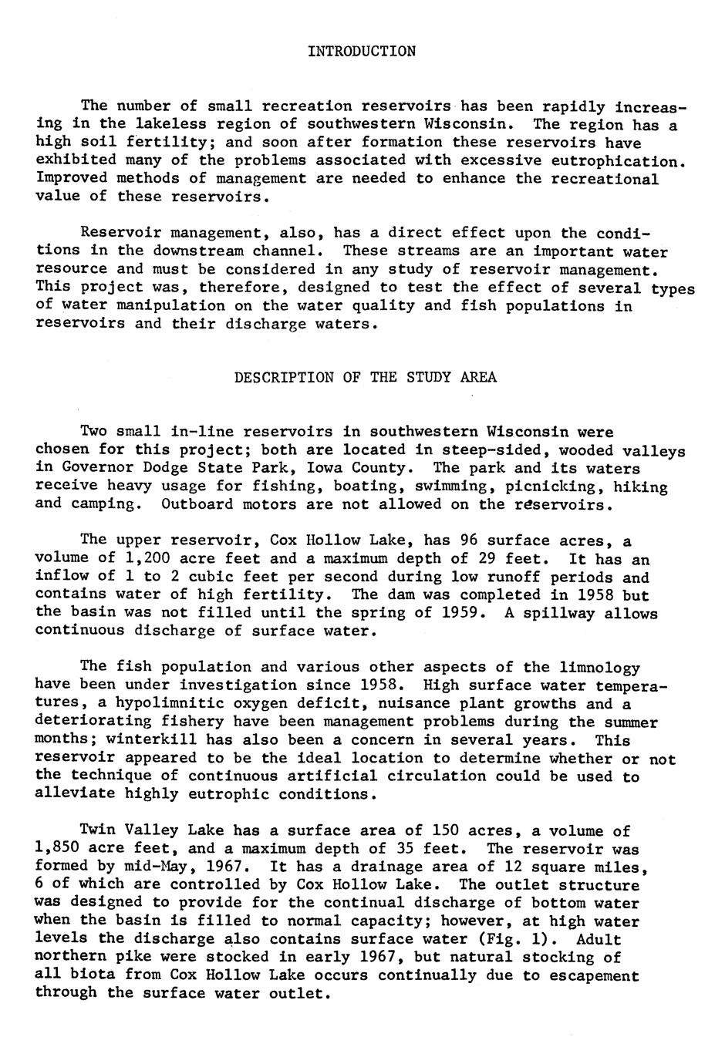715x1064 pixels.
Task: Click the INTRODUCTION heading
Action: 361,52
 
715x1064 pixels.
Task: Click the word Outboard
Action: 197,505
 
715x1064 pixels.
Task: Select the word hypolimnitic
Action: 174,703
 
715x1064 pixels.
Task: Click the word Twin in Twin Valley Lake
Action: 98,830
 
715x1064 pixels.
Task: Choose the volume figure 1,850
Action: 62,849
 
